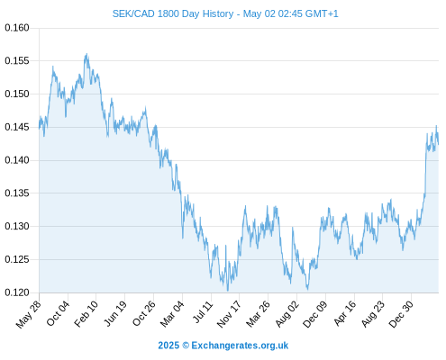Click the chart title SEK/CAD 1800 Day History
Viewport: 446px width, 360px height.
pyautogui.click(x=173, y=13)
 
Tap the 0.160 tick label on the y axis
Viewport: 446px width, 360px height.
pyautogui.click(x=17, y=28)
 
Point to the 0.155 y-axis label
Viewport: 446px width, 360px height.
pyautogui.click(x=17, y=61)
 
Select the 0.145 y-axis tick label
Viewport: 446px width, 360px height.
pyautogui.click(x=17, y=127)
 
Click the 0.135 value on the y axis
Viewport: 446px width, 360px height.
pyautogui.click(x=17, y=193)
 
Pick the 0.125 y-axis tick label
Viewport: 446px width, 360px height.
pyautogui.click(x=17, y=259)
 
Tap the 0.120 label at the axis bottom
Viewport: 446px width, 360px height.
pyautogui.click(x=17, y=292)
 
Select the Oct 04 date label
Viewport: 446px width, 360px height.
pyautogui.click(x=58, y=313)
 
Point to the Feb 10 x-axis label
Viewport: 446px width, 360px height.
pyautogui.click(x=86, y=314)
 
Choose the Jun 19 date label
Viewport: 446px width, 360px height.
pyautogui.click(x=114, y=313)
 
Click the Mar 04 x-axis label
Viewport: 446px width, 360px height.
pyautogui.click(x=172, y=314)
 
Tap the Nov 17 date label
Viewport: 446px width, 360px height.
pyautogui.click(x=229, y=314)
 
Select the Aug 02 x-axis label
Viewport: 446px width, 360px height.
pyautogui.click(x=287, y=314)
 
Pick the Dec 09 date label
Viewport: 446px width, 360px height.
pyautogui.click(x=314, y=314)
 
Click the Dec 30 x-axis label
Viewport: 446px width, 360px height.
pyautogui.click(x=401, y=314)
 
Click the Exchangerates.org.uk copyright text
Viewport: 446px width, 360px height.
pyautogui.click(x=240, y=346)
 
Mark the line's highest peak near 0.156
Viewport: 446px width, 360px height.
pyautogui.click(x=86, y=54)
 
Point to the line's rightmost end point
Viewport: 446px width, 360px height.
pyautogui.click(x=438, y=144)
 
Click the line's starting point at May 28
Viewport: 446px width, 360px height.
pyautogui.click(x=39, y=129)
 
